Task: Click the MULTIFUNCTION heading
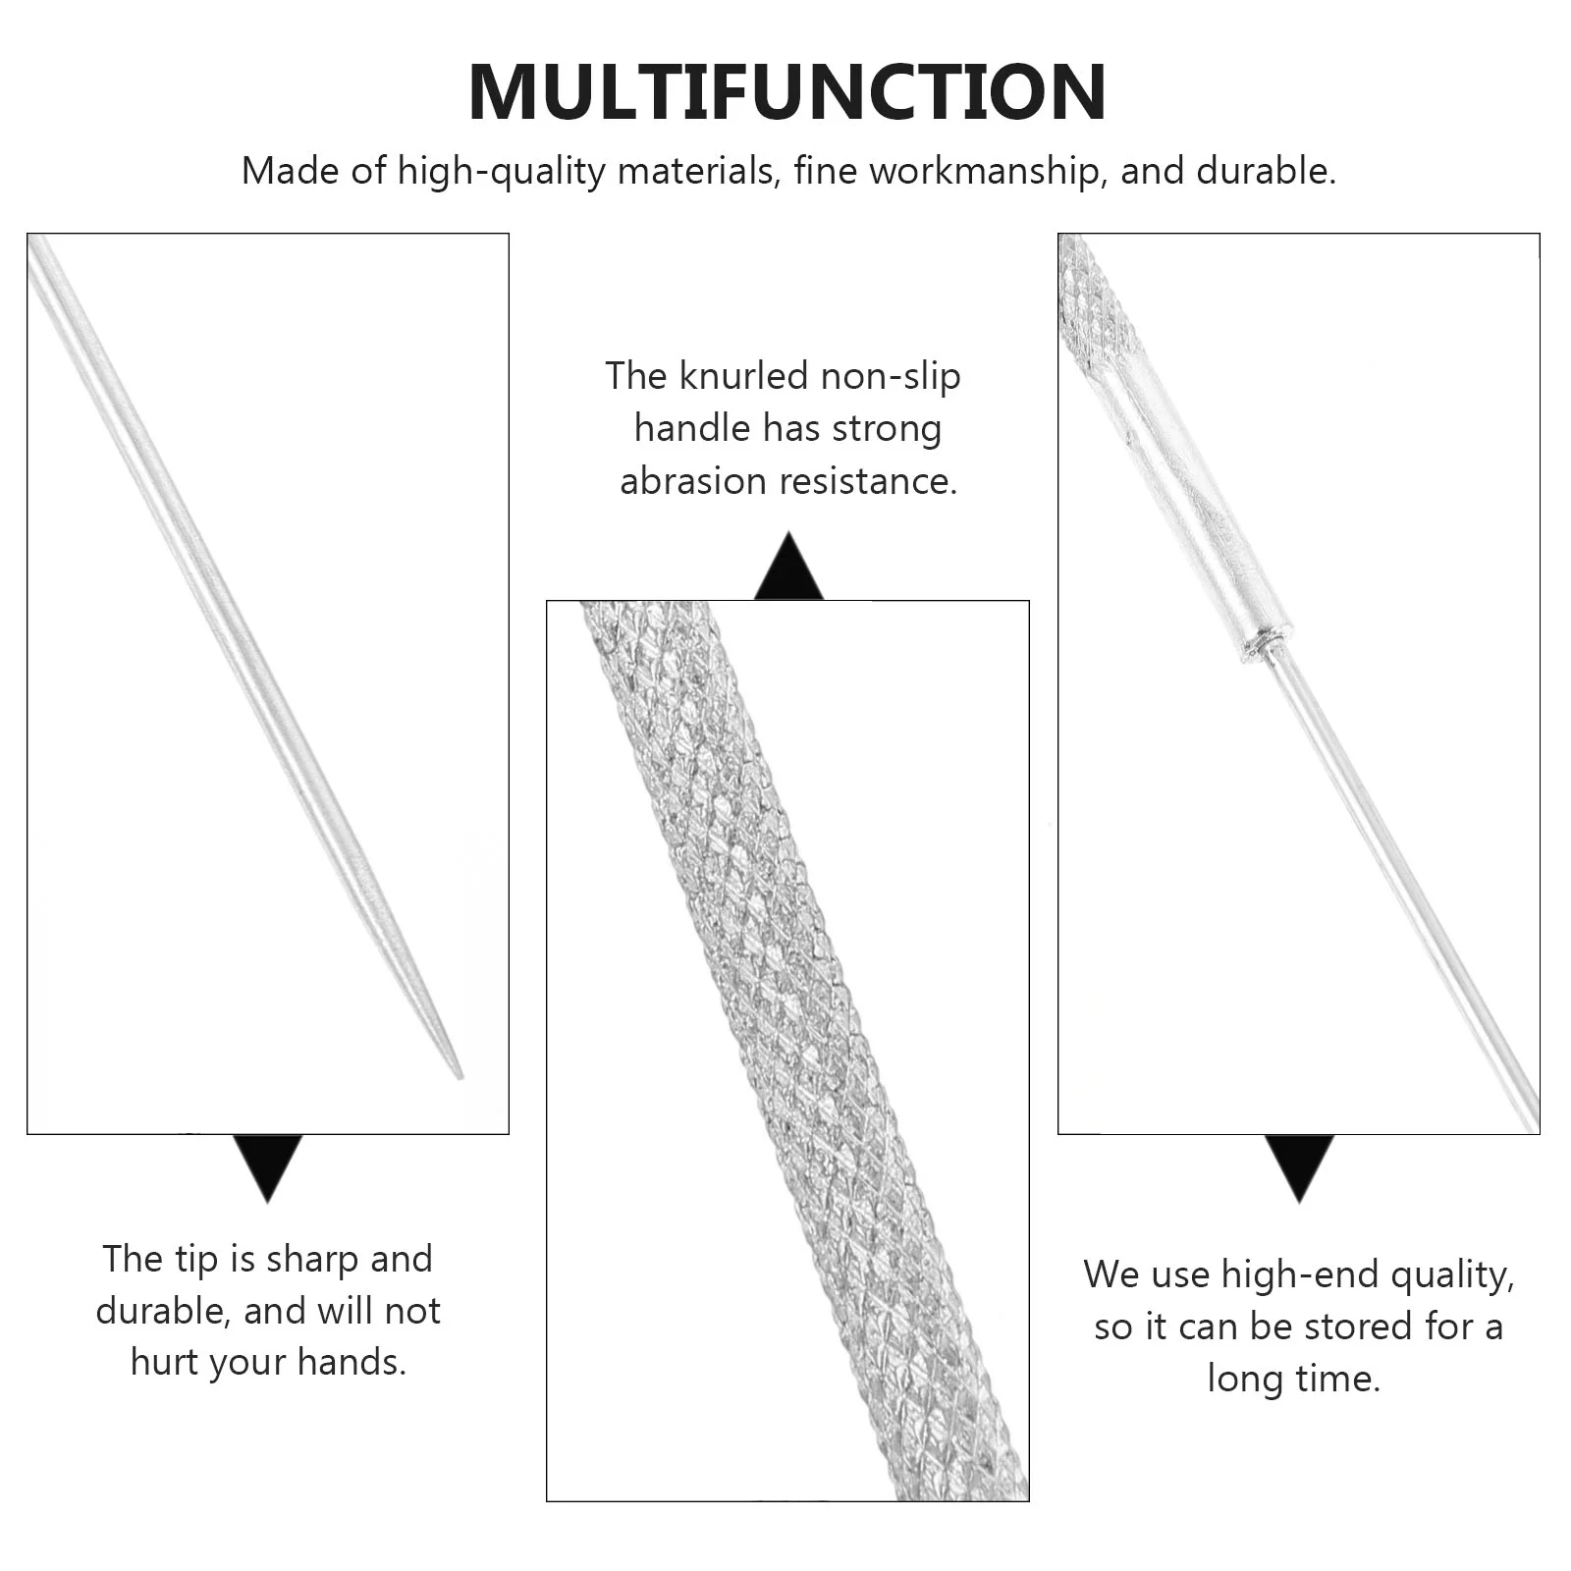click(787, 91)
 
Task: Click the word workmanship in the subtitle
click(985, 171)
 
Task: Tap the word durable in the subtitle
click(1266, 171)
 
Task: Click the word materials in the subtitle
click(697, 171)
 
